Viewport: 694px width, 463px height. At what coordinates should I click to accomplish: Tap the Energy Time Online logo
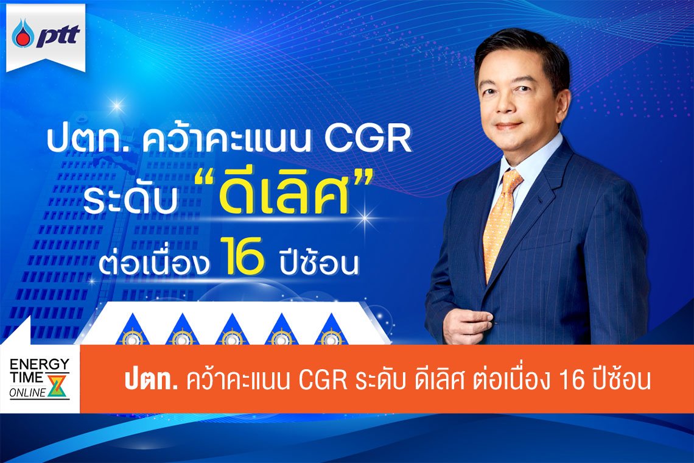(x=40, y=378)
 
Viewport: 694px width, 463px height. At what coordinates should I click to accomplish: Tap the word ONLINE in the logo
(x=27, y=393)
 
